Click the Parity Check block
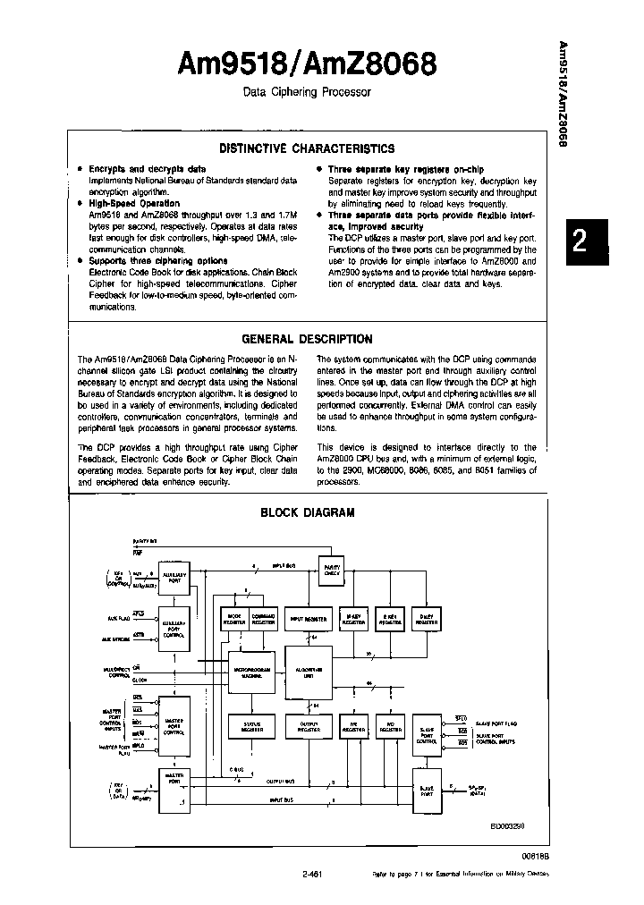tap(332, 571)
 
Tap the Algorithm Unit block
tap(307, 672)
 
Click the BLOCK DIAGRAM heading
tap(307, 512)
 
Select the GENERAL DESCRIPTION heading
tap(307, 339)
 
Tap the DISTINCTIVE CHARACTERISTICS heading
tap(307, 148)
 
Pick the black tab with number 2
tap(579, 242)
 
